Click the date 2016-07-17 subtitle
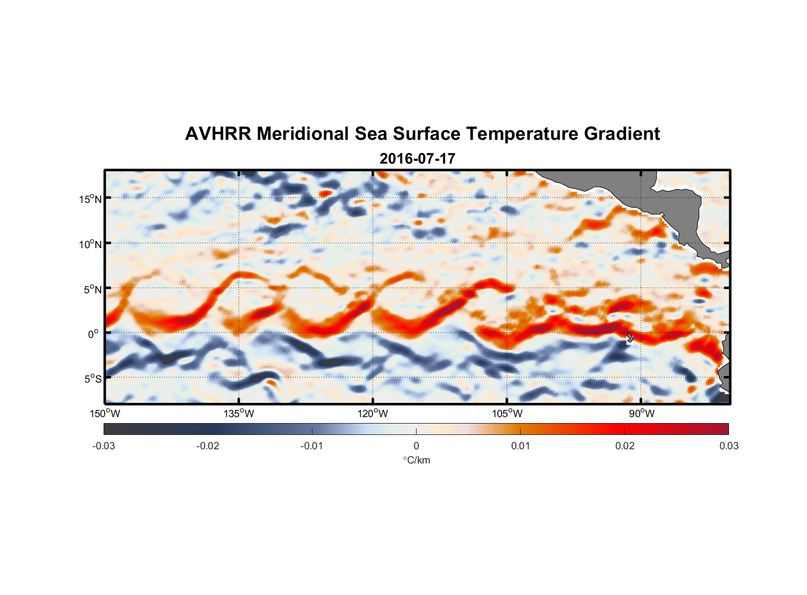[x=417, y=159]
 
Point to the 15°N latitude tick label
[x=90, y=199]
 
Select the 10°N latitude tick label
[x=90, y=244]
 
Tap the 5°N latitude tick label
[x=92, y=289]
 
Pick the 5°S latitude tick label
[x=92, y=379]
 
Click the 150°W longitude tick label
[x=105, y=414]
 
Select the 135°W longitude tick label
[x=239, y=414]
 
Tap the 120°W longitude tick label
[x=373, y=414]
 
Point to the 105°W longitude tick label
[x=507, y=414]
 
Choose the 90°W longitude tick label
[x=642, y=414]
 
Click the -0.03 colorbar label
[x=104, y=446]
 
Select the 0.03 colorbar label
[x=728, y=446]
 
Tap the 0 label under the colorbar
[x=416, y=446]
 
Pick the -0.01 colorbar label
[x=312, y=446]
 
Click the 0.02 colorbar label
[x=624, y=446]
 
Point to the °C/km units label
[x=416, y=460]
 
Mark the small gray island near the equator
[x=630, y=337]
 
